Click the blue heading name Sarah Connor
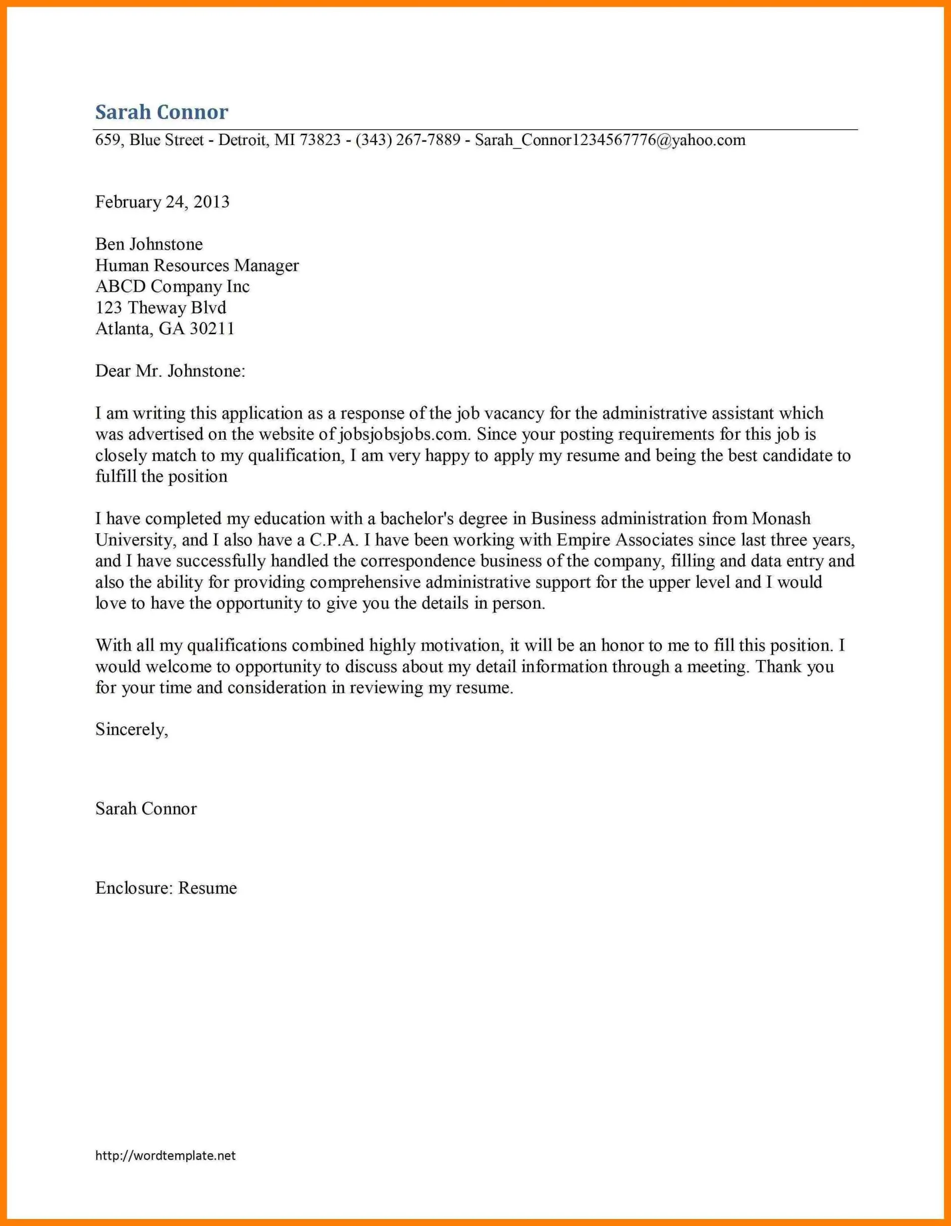(x=161, y=112)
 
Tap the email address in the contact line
(x=610, y=140)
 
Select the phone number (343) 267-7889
(x=408, y=140)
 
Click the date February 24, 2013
(x=162, y=202)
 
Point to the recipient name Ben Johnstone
(x=149, y=244)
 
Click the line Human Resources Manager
(x=197, y=265)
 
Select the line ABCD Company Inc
(x=172, y=286)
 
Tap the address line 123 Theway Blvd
(x=160, y=307)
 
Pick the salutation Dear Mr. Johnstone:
(x=170, y=371)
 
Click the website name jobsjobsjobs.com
(x=404, y=434)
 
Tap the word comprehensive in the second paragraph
(x=365, y=582)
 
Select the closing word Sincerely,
(x=132, y=729)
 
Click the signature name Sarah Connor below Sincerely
(x=146, y=809)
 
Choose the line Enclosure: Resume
(x=166, y=888)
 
